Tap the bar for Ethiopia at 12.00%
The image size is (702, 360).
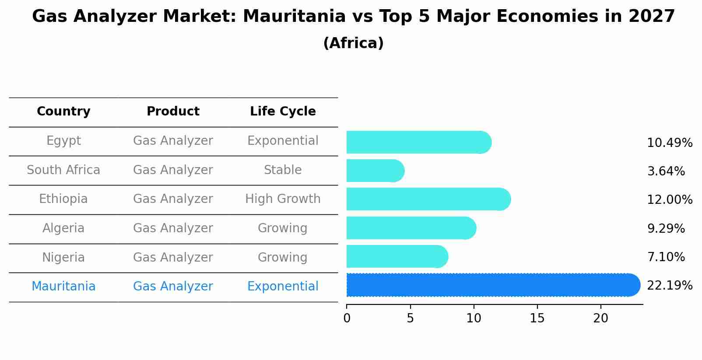pos(428,199)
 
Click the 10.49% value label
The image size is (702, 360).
pos(670,143)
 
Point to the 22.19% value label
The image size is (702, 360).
pos(670,286)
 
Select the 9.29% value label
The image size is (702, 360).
pos(666,228)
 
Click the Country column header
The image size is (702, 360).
pos(63,112)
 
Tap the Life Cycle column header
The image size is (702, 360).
pos(283,112)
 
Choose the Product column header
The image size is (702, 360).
pos(173,112)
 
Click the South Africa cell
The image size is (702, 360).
pos(63,170)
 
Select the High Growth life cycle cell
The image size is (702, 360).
pos(283,199)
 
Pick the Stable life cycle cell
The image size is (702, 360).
pos(283,170)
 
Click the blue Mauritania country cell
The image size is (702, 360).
pos(63,287)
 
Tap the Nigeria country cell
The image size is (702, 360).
pos(63,258)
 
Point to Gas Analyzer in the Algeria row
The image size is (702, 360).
pos(173,228)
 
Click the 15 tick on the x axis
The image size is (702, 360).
pos(537,318)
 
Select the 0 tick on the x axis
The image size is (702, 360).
pos(347,318)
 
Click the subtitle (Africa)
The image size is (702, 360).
pos(353,43)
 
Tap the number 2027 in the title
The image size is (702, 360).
pos(652,17)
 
